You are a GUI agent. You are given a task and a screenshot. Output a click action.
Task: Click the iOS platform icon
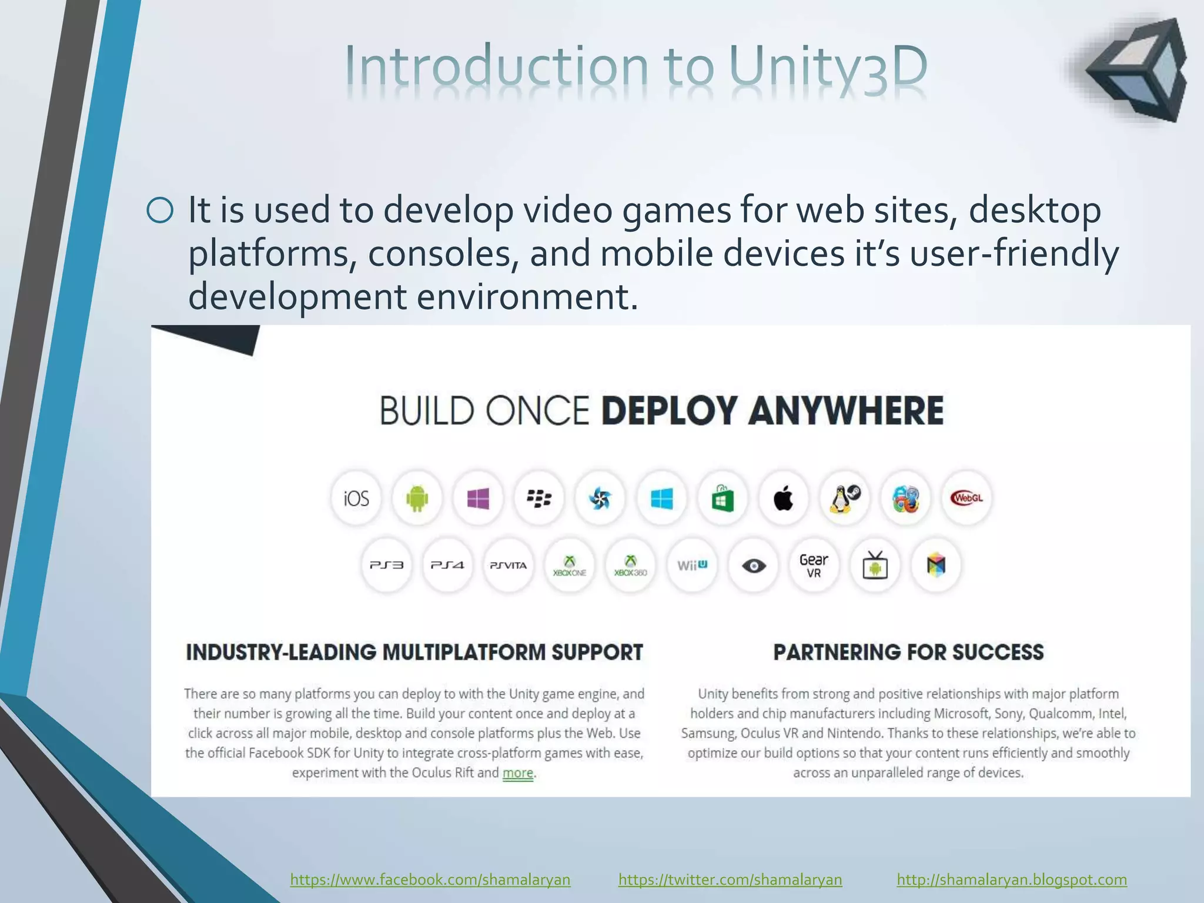(x=356, y=499)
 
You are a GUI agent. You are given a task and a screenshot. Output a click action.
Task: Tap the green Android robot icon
(x=417, y=499)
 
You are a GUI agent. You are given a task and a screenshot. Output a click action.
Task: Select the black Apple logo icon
(x=783, y=499)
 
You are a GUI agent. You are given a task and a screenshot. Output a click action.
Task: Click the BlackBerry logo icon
(x=539, y=499)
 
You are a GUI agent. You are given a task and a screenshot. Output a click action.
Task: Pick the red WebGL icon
(x=966, y=499)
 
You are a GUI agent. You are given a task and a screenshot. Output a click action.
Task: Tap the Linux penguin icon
(x=845, y=499)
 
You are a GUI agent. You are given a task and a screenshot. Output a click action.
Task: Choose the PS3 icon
(x=386, y=566)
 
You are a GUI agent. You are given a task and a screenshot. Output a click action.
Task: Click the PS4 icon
(x=447, y=566)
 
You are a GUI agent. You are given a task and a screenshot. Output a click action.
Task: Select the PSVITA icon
(x=509, y=566)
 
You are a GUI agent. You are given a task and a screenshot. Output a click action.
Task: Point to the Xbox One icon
(x=570, y=566)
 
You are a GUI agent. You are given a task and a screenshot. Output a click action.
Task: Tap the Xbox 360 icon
(x=631, y=566)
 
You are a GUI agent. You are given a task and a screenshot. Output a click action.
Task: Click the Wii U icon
(x=692, y=566)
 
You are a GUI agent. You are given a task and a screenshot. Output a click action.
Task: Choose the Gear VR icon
(x=814, y=566)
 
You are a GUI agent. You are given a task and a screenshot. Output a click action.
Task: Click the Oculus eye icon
(x=753, y=566)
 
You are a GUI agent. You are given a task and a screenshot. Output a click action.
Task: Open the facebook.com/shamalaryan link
(x=430, y=879)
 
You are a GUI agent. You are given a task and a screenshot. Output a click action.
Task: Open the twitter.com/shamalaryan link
(x=730, y=879)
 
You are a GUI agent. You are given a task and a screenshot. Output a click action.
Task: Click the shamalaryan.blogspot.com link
(x=1012, y=879)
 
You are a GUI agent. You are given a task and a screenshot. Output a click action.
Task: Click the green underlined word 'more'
(x=518, y=773)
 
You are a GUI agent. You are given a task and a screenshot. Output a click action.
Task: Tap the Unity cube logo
(x=1138, y=71)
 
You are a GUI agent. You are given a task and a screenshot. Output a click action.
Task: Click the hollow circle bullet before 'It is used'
(x=160, y=210)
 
